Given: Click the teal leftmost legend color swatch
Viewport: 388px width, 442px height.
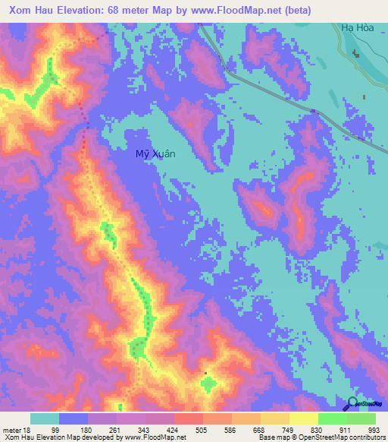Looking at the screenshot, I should click(45, 418).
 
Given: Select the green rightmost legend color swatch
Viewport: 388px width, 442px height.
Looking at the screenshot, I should click(361, 418).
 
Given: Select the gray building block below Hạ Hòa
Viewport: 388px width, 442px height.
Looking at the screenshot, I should click(356, 53).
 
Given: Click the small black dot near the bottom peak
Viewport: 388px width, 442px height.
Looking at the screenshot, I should click(205, 373).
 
